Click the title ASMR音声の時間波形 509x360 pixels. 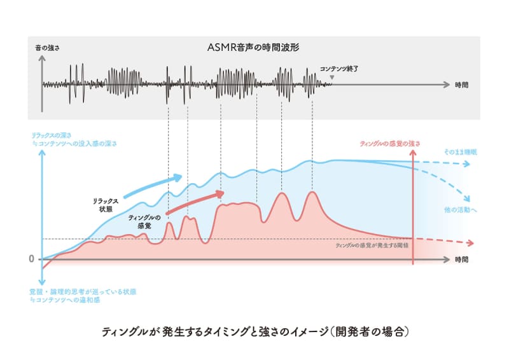tap(254, 46)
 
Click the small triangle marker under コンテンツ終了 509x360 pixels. tap(331, 78)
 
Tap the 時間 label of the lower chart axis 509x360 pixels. tap(462, 260)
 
